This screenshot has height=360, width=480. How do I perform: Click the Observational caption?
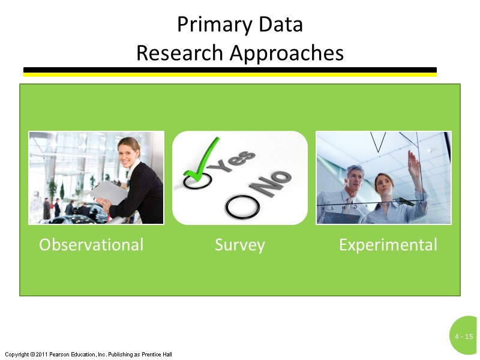coord(91,245)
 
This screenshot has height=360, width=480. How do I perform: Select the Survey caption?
coord(240,245)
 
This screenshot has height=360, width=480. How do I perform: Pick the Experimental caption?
coord(388,245)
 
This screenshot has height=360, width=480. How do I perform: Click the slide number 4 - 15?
coord(464,337)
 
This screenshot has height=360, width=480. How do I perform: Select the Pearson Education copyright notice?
coord(88,355)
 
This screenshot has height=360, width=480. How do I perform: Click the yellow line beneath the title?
coord(230,75)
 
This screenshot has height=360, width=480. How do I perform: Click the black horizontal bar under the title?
coord(230,70)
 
